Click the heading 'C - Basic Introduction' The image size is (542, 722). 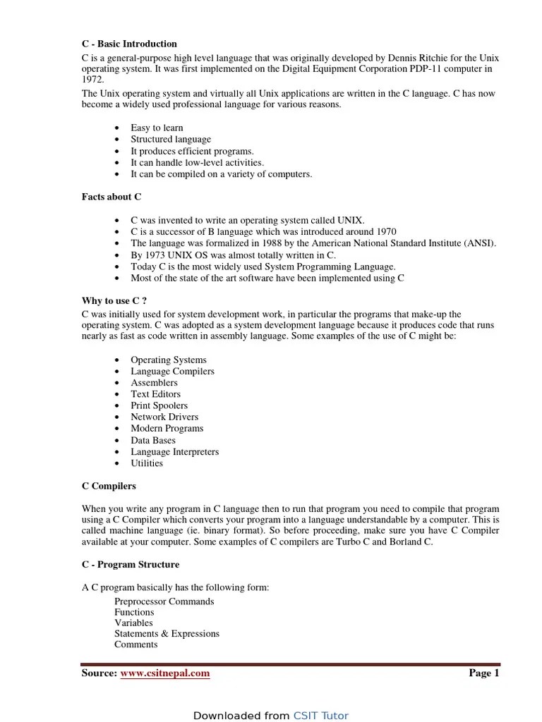[x=129, y=44]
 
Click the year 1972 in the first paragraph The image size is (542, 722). [x=93, y=81]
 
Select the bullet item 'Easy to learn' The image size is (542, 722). [x=157, y=128]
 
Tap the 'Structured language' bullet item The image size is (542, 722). [x=171, y=140]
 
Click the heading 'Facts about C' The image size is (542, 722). [x=112, y=197]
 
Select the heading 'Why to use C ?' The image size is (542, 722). [x=114, y=301]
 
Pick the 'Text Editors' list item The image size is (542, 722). [x=155, y=394]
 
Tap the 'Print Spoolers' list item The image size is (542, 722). [x=159, y=405]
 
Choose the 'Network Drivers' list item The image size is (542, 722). [x=164, y=417]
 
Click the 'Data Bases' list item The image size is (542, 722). [x=153, y=440]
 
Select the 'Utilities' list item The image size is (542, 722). [x=147, y=463]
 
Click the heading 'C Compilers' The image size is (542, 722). [x=109, y=487]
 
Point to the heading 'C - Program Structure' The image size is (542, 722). [x=131, y=565]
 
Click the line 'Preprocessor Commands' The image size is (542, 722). [x=164, y=601]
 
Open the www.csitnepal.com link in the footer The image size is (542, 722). [x=165, y=673]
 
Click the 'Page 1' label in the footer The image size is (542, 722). [x=484, y=673]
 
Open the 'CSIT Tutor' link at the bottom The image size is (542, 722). [x=321, y=716]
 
